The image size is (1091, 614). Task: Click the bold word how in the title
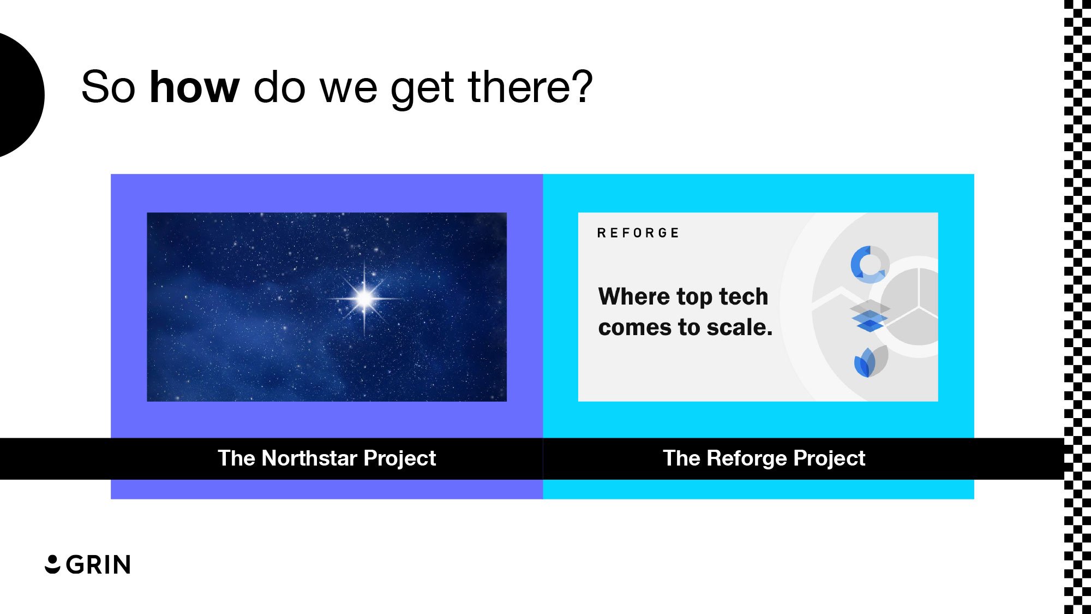tap(194, 87)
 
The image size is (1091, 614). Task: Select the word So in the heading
tap(108, 87)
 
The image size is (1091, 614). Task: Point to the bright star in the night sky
tap(364, 298)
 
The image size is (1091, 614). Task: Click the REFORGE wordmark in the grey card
tap(638, 233)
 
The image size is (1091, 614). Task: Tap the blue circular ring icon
tap(870, 265)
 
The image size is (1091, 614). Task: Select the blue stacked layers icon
tap(870, 317)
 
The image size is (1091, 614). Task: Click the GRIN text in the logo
tap(98, 565)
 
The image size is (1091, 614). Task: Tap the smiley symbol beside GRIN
tap(52, 564)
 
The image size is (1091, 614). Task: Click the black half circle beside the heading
tap(19, 94)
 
